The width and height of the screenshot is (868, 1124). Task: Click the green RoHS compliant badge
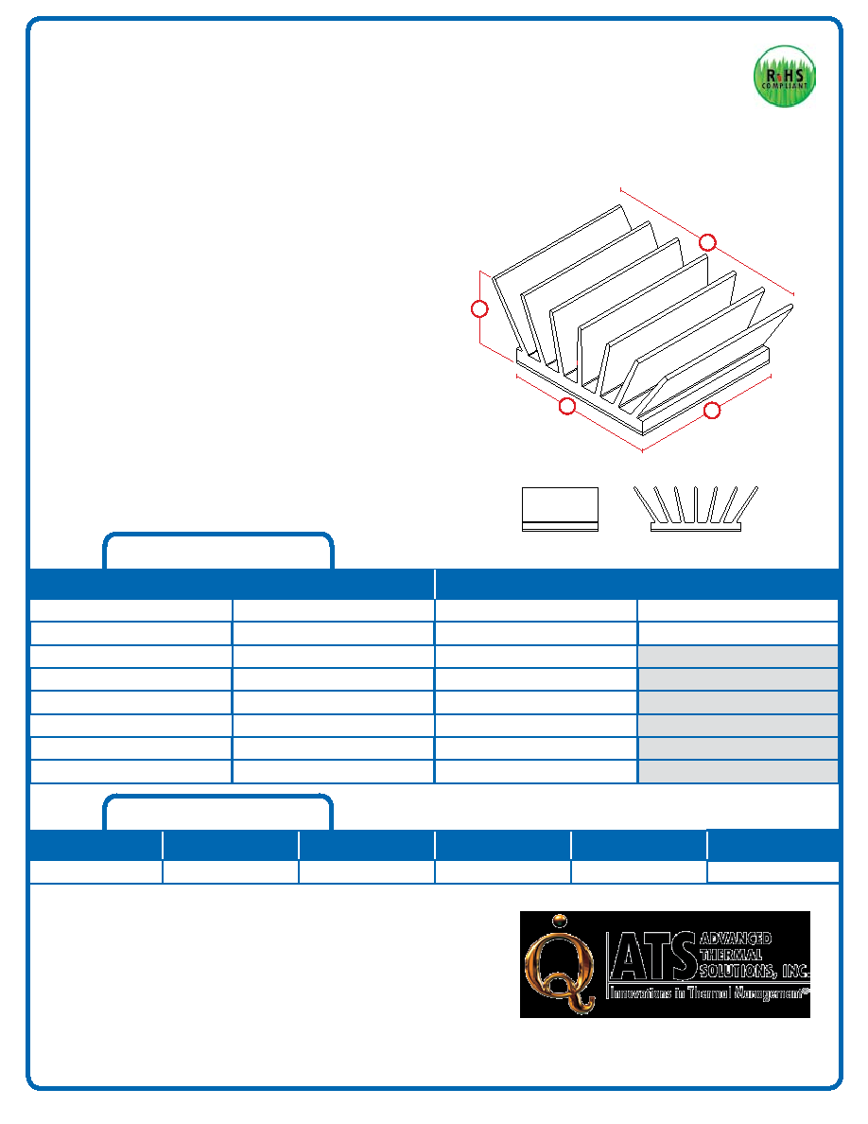[784, 76]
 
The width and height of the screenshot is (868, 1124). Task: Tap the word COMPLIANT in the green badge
[784, 86]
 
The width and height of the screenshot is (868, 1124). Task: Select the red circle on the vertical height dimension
[479, 309]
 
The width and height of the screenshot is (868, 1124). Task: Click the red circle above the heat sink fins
[707, 242]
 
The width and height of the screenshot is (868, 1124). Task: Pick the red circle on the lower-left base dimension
[567, 407]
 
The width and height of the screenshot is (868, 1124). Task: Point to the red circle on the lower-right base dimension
[712, 411]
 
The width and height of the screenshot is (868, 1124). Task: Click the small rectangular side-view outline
[560, 510]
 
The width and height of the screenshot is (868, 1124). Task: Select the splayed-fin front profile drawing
[695, 508]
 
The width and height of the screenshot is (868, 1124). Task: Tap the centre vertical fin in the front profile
[695, 504]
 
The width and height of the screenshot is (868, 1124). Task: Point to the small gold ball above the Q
[561, 921]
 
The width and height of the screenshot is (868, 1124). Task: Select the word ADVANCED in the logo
[736, 939]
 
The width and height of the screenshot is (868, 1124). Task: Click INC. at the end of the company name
[795, 972]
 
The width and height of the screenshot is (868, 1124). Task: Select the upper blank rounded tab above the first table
[218, 535]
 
